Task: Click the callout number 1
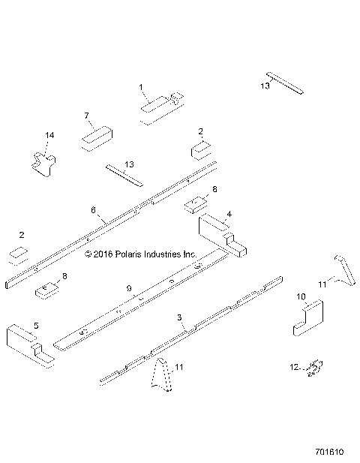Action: pyautogui.click(x=141, y=87)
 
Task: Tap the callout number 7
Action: pyautogui.click(x=87, y=116)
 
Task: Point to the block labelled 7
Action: pyautogui.click(x=95, y=139)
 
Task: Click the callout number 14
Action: pyautogui.click(x=49, y=135)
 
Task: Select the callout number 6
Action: pyautogui.click(x=94, y=211)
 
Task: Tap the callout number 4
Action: pyautogui.click(x=229, y=214)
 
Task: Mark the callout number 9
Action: pyautogui.click(x=129, y=288)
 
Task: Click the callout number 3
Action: pyautogui.click(x=178, y=318)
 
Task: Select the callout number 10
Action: pyautogui.click(x=302, y=296)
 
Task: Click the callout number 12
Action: pyautogui.click(x=294, y=367)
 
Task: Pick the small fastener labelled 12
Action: pyautogui.click(x=315, y=368)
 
